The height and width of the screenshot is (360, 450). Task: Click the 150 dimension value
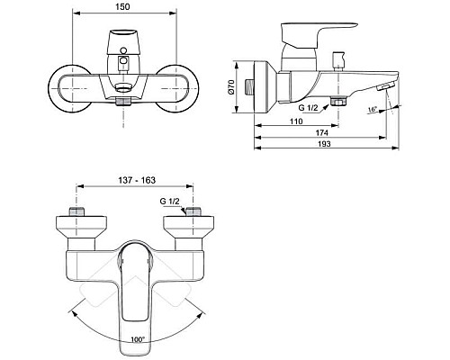(x=123, y=7)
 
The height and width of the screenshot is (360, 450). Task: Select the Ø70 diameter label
(x=231, y=87)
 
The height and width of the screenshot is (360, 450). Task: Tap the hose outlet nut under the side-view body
(x=339, y=102)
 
